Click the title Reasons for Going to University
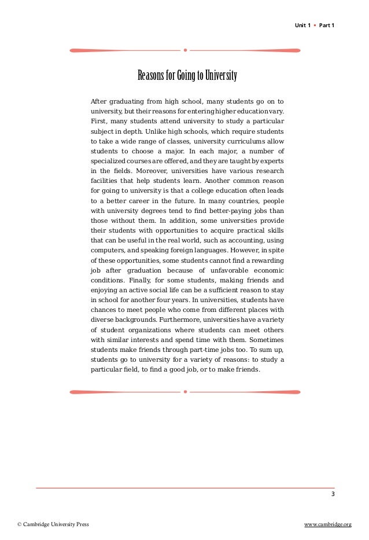click(x=187, y=76)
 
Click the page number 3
click(x=333, y=494)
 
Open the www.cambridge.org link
click(x=328, y=524)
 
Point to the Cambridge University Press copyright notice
click(x=53, y=524)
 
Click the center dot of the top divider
click(x=185, y=50)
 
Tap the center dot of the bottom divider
click(x=185, y=392)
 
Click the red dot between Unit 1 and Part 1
click(x=314, y=25)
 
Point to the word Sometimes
click(x=265, y=340)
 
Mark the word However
click(x=244, y=251)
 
